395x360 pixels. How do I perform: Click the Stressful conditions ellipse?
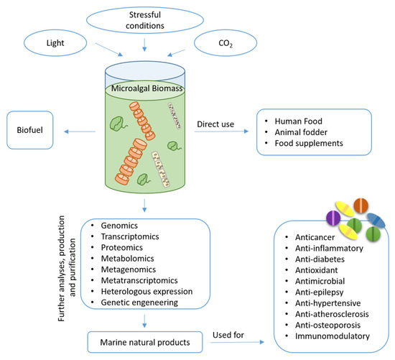[x=146, y=21]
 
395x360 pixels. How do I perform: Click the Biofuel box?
[x=31, y=131]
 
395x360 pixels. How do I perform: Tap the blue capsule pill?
[x=376, y=221]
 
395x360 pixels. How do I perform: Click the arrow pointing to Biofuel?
[x=75, y=131]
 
